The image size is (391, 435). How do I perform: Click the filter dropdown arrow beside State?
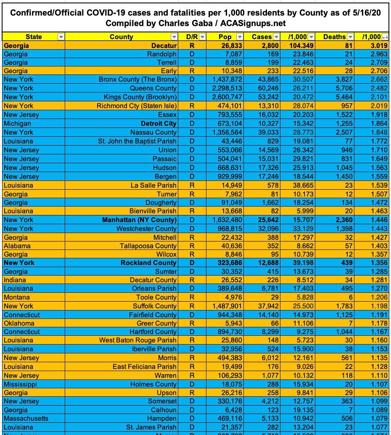coord(61,37)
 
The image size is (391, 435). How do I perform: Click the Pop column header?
coord(225,37)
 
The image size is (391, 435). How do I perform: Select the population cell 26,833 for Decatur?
coord(231,45)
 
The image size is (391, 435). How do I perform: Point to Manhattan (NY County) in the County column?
coord(139,220)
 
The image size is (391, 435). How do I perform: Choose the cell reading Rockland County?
coord(148,263)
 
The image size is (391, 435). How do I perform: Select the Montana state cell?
coord(16,297)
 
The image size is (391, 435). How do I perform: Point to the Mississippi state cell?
coord(20,384)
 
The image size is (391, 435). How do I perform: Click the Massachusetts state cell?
coord(26,419)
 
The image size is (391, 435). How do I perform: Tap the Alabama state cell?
coord(17,246)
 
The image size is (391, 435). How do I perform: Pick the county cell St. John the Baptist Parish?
coord(137,141)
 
